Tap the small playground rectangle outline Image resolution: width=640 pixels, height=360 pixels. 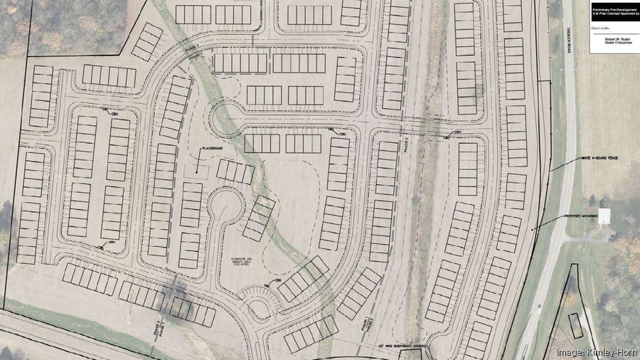point(201,170)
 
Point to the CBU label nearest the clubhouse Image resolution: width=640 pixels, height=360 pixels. point(279,281)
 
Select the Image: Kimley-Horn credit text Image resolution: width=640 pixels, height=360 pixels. point(594,351)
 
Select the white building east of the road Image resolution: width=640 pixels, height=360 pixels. point(605,216)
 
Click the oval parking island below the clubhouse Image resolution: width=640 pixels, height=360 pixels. point(256,302)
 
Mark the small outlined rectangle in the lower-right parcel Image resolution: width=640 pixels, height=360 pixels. point(575,324)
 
